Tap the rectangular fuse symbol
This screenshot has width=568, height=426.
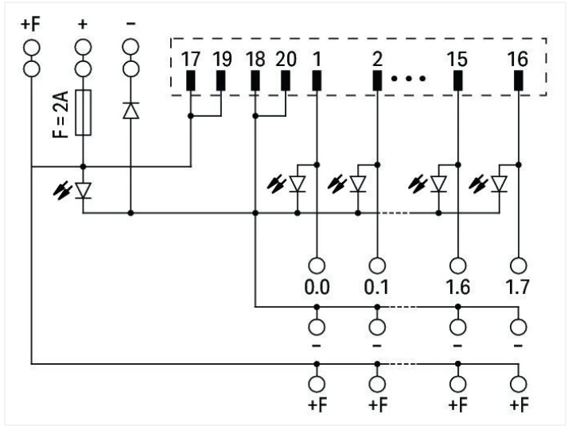(x=82, y=113)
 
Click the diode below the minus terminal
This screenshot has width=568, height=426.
(x=130, y=110)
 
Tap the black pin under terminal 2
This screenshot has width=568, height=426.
(x=377, y=80)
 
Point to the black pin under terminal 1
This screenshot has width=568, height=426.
(x=317, y=80)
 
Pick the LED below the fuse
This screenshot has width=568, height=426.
(x=82, y=191)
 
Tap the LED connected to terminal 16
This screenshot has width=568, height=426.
(x=499, y=184)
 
